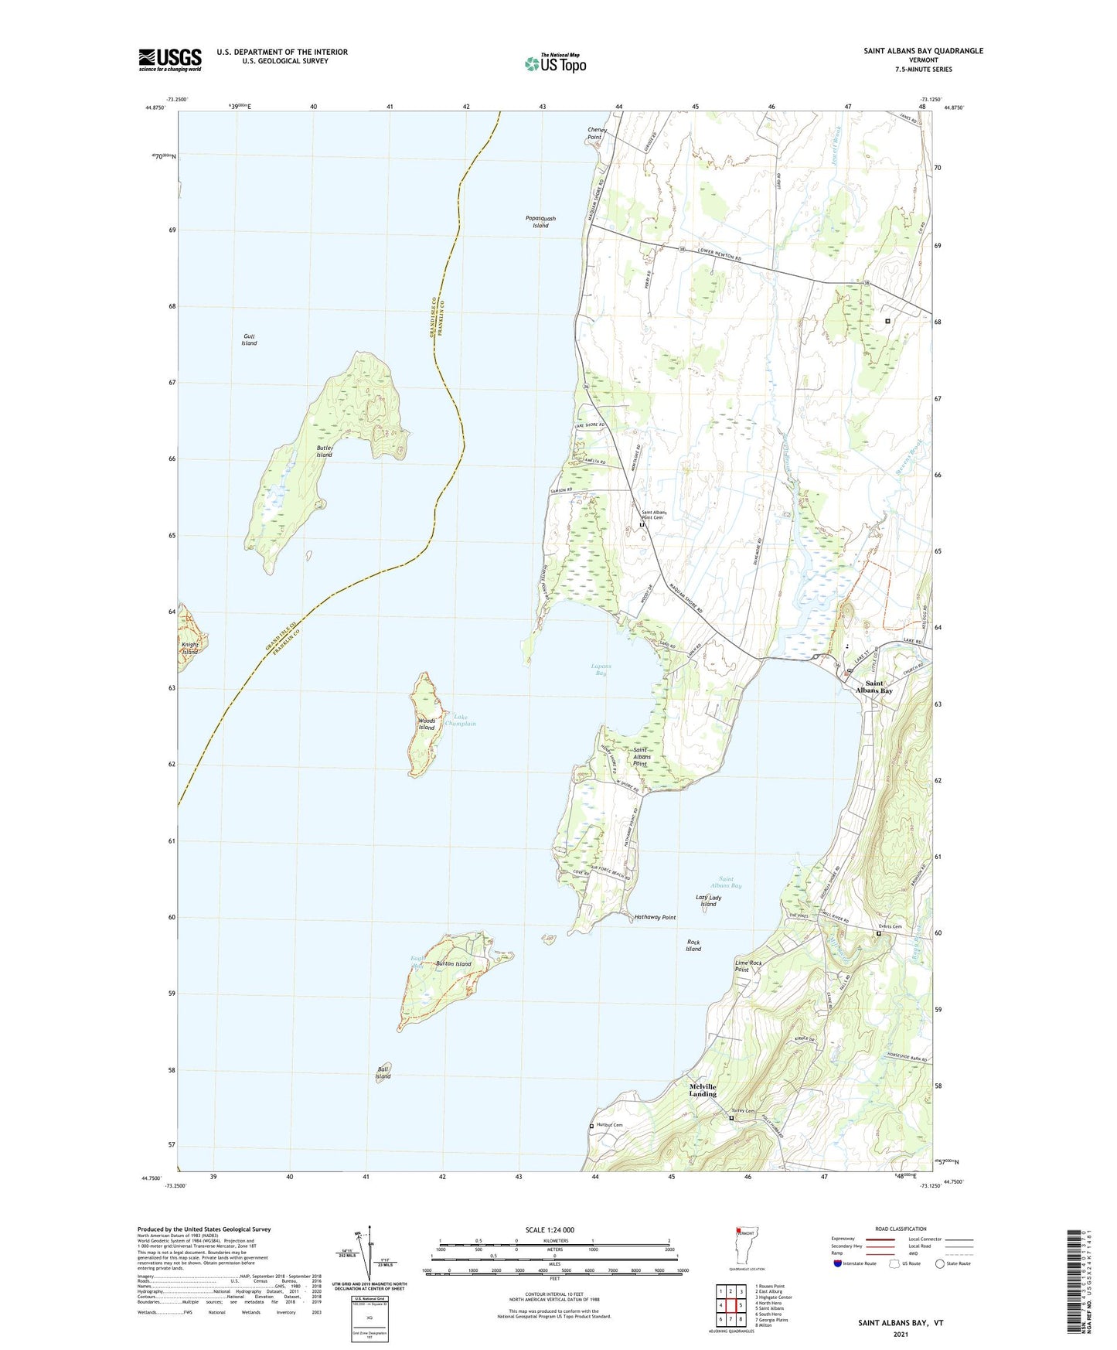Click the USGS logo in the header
coord(170,60)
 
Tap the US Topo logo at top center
coord(554,63)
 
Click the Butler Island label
coord(324,452)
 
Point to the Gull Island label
coord(248,339)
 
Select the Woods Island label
coord(427,724)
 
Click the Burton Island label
coord(454,964)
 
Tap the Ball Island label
coord(383,1073)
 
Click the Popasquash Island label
coord(540,222)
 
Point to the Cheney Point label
coord(597,134)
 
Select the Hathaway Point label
coord(655,917)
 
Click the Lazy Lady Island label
coord(708,901)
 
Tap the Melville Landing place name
coord(703,1090)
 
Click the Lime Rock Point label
coord(748,966)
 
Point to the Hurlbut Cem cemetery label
coord(608,1125)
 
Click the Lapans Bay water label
coord(601,670)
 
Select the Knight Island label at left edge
coord(190,648)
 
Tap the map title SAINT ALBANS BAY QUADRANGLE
coord(923,51)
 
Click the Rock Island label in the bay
coord(693,946)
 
